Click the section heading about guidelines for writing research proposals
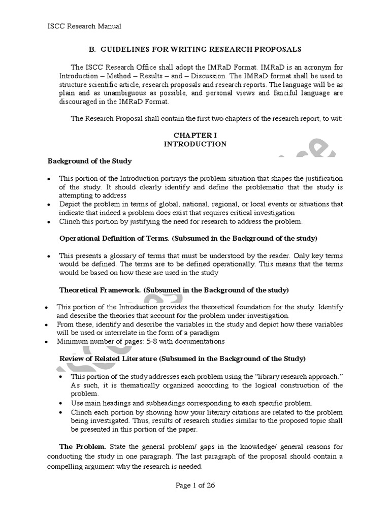tap(195, 49)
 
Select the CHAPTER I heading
tap(195, 136)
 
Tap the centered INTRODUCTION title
tap(195, 144)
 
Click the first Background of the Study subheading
tap(89, 161)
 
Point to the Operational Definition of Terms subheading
tap(188, 238)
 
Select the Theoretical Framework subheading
tap(174, 290)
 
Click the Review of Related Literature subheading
tap(183, 359)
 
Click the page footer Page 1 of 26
tap(195, 485)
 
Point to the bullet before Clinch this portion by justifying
tap(48, 222)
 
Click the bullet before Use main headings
tap(61, 403)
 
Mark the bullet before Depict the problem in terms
tap(48, 205)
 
